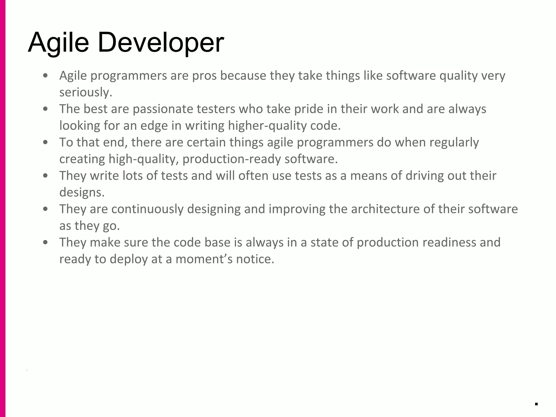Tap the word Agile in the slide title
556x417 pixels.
tap(58, 43)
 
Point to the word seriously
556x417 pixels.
tap(86, 92)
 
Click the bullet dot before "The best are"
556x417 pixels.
tap(46, 109)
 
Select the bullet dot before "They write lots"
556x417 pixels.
tap(46, 176)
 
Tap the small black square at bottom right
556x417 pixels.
tap(536, 404)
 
